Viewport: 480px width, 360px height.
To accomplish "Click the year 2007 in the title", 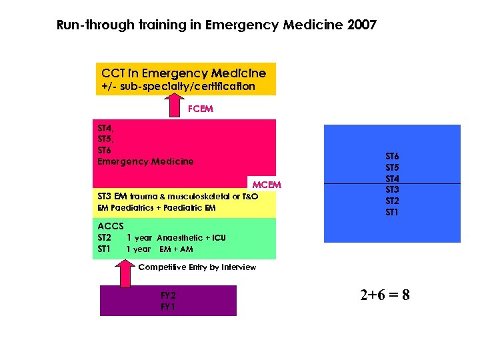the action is tap(362, 25).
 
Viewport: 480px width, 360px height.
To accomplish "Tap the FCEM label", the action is tap(200, 109).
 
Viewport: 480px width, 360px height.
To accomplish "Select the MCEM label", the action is tap(266, 184).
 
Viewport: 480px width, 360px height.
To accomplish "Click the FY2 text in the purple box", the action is tap(168, 295).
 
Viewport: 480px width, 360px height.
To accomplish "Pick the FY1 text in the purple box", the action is tap(168, 306).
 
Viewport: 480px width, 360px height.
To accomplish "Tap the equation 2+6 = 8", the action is tap(385, 294).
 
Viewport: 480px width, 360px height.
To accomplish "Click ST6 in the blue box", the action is tap(392, 156).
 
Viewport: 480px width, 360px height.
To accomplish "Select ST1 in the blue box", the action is tap(392, 212).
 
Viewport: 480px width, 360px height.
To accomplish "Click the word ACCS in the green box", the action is tap(111, 226).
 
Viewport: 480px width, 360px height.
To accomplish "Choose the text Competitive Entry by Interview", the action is tap(197, 267).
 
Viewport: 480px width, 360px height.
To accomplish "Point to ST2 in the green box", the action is tap(105, 237).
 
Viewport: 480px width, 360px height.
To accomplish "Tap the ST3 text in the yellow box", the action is tap(105, 197).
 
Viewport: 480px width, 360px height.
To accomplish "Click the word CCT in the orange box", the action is tap(113, 73).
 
